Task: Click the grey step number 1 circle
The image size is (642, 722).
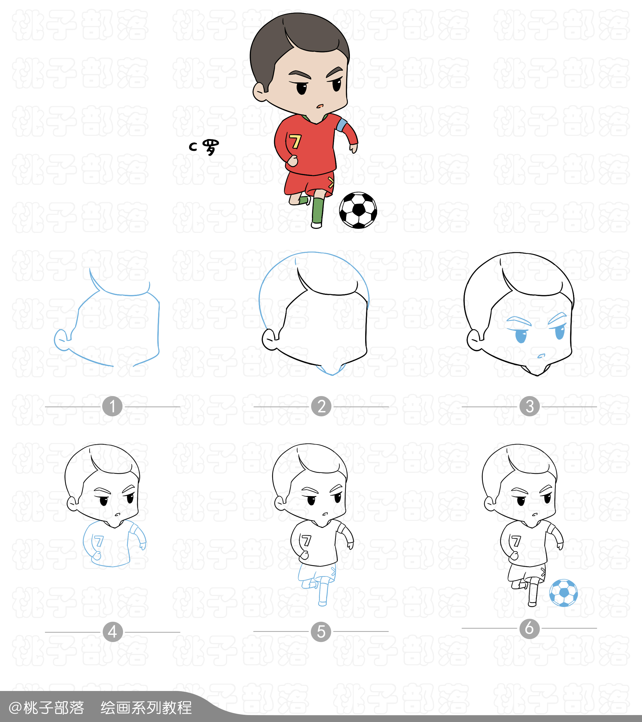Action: coord(112,406)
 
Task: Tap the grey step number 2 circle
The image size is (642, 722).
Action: coord(321,406)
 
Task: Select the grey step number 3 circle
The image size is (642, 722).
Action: coord(529,406)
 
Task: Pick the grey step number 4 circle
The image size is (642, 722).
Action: coord(113,632)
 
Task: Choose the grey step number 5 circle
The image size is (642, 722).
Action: coord(321,632)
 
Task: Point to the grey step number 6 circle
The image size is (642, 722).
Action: coord(529,628)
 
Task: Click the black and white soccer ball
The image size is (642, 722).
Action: coord(358,210)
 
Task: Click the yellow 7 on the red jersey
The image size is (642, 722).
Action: coord(295,142)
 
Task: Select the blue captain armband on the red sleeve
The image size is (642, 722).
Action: coord(341,125)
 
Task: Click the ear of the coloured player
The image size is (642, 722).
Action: coord(260,92)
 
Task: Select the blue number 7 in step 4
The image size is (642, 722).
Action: coord(99,541)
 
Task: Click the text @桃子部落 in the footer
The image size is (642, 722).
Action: coord(46,708)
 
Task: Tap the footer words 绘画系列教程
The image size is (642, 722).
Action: coord(146,708)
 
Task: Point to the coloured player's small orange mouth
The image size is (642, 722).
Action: coord(320,106)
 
